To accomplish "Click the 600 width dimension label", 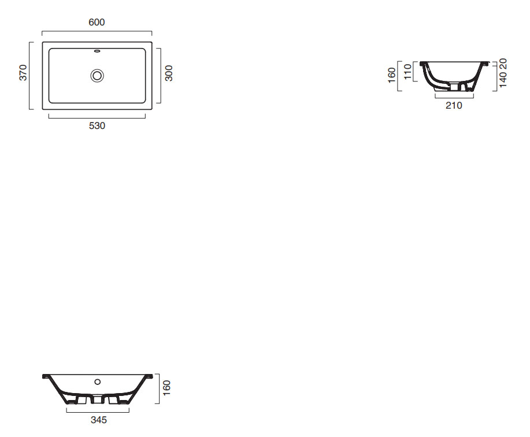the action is [97, 23].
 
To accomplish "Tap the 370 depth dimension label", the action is [23, 73].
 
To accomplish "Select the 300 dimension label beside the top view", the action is [169, 73].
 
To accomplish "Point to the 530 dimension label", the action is [97, 126].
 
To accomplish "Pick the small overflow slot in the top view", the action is [97, 51].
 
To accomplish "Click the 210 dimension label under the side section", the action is [454, 105].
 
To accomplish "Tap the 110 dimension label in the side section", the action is [408, 72].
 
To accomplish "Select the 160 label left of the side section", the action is [392, 75].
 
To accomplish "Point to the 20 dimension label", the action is [503, 64].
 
